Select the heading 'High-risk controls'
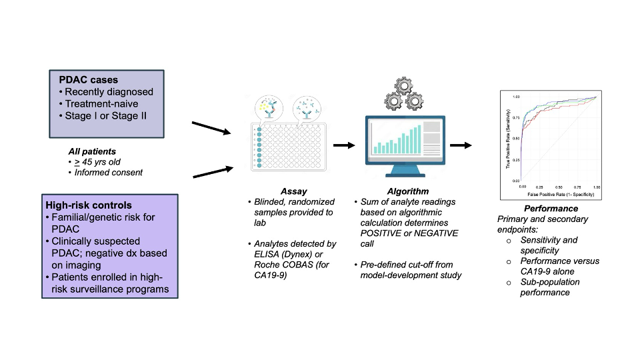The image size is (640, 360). [x=88, y=205]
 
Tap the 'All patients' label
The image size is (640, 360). [x=92, y=151]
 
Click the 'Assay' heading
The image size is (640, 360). [x=294, y=192]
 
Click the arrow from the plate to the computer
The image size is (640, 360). [x=344, y=145]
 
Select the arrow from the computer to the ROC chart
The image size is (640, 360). [x=461, y=145]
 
